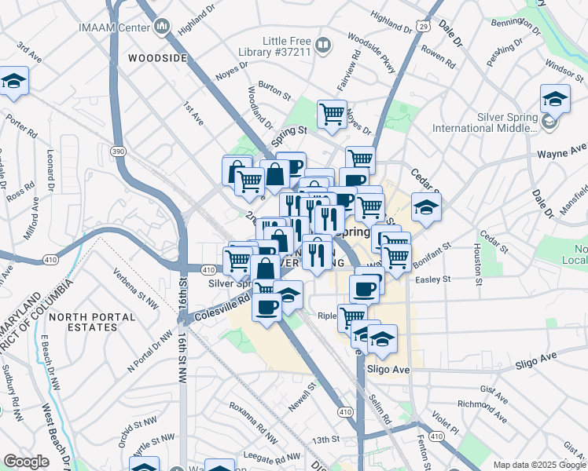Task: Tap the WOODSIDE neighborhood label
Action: pos(157,58)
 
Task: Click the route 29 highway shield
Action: pos(424,27)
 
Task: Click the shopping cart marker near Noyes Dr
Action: pos(332,114)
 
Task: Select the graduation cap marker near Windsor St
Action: pos(555,100)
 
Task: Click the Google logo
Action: pos(26,462)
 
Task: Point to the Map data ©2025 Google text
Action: pos(538,465)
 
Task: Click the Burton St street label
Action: pos(274,91)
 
